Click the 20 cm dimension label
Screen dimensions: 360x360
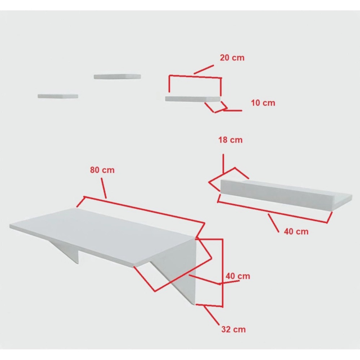[x=232, y=57]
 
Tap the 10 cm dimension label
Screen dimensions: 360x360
[x=263, y=103]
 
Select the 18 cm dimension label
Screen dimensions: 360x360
[x=230, y=140]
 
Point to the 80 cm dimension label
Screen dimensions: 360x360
[x=102, y=170]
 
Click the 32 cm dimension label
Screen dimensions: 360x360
[x=233, y=329]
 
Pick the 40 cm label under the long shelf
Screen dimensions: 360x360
[x=296, y=231]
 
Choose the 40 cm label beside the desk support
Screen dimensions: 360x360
[x=238, y=276]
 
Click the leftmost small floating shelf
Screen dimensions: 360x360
[x=58, y=96]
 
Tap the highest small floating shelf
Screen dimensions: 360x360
[x=118, y=76]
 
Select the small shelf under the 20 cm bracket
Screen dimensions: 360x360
[x=193, y=99]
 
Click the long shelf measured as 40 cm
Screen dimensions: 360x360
[x=286, y=193]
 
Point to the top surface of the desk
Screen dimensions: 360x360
[x=102, y=236]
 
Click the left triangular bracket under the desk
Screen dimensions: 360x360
[x=66, y=251]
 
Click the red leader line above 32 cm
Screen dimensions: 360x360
[x=211, y=316]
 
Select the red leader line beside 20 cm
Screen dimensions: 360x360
[x=204, y=69]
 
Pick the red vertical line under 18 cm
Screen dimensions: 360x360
[x=223, y=164]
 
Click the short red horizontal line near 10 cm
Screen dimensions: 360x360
[x=233, y=110]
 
